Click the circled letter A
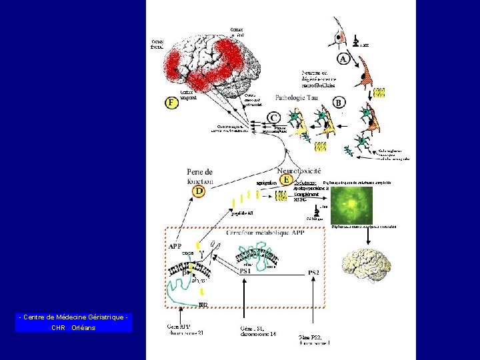[x=344, y=59]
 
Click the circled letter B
[x=339, y=103]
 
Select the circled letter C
[x=274, y=117]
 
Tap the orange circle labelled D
[x=199, y=191]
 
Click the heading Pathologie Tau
[x=297, y=98]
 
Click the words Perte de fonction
[x=200, y=176]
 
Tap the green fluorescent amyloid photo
[x=351, y=205]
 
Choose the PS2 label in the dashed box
[x=314, y=272]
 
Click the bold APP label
[x=175, y=245]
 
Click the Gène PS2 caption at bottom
[x=315, y=339]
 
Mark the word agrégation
[x=267, y=182]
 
